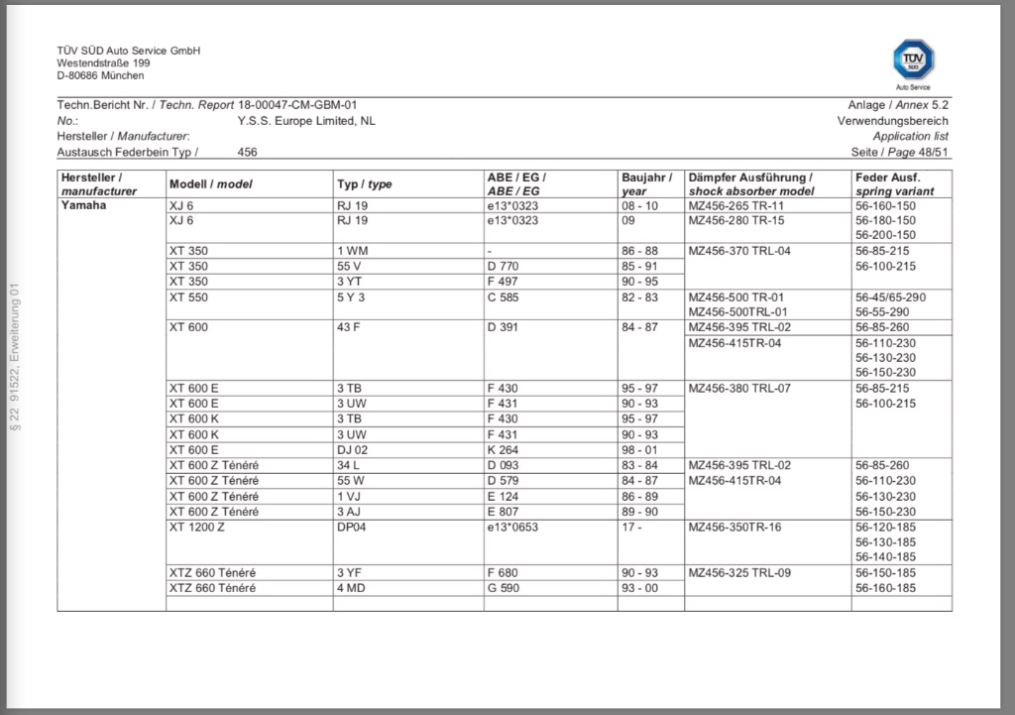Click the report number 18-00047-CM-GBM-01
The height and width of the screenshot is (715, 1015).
point(297,104)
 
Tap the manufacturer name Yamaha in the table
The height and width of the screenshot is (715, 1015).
point(84,205)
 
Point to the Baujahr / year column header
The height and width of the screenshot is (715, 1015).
point(647,184)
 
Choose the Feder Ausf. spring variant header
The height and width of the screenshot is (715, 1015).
point(894,184)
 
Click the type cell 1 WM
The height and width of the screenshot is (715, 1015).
point(354,251)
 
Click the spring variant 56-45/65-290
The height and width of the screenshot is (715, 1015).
point(890,297)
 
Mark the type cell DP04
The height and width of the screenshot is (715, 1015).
point(354,527)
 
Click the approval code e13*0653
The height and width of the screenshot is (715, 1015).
point(512,527)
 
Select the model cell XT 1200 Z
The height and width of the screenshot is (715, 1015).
point(198,527)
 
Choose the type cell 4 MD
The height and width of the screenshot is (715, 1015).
point(353,588)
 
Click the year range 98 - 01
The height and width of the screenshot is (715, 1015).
point(640,449)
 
